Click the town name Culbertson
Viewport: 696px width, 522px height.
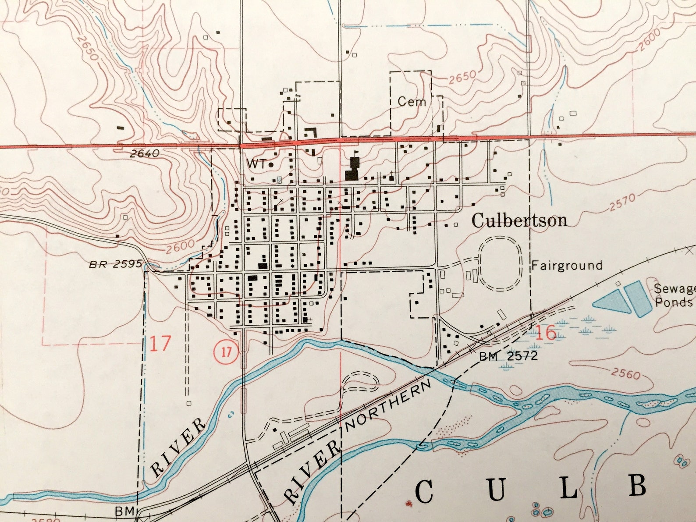pos(519,220)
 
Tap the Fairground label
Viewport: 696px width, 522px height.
pos(567,265)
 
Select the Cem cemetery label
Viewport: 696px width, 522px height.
pos(412,102)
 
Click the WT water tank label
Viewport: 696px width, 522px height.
pos(256,164)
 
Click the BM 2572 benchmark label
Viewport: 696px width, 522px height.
pos(508,356)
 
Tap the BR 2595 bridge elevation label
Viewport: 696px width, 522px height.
pos(116,264)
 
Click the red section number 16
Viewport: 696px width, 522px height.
pos(546,334)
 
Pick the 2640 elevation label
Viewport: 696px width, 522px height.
pos(145,154)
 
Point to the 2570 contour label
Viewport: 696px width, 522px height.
pos(622,202)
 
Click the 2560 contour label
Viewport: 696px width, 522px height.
pos(626,373)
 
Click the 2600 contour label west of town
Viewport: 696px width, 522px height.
pos(180,246)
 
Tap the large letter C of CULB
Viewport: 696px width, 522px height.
pos(424,492)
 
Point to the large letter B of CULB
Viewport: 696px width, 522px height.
pos(638,486)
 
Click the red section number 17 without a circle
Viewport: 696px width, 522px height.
pos(160,344)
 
